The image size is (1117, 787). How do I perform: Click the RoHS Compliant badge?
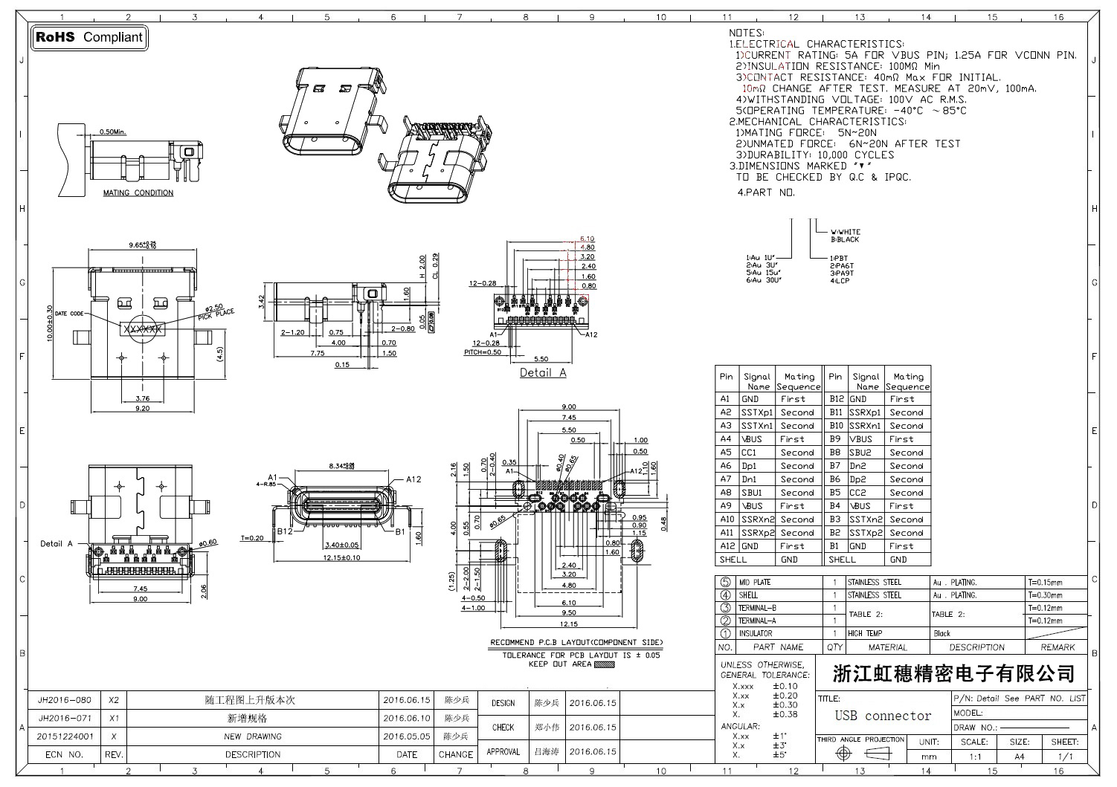[x=89, y=37]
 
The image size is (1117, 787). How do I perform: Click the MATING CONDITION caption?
[x=138, y=193]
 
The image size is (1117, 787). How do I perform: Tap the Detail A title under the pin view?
[x=543, y=372]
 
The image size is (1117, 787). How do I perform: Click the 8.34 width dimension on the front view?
[x=343, y=466]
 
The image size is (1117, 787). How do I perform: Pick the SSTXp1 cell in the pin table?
[x=757, y=412]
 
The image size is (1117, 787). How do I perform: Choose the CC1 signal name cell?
[x=749, y=453]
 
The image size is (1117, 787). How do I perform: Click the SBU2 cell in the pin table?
[x=860, y=453]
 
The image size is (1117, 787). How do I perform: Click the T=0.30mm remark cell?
[x=1045, y=595]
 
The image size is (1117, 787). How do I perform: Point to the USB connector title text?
[x=883, y=716]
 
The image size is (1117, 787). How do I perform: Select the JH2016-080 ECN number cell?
[x=65, y=700]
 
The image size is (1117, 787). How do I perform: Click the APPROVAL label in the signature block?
[x=503, y=752]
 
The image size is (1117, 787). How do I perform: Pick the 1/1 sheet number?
[x=1065, y=757]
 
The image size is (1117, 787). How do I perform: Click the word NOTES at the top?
[x=746, y=33]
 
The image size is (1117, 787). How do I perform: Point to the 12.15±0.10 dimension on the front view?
[x=341, y=557]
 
